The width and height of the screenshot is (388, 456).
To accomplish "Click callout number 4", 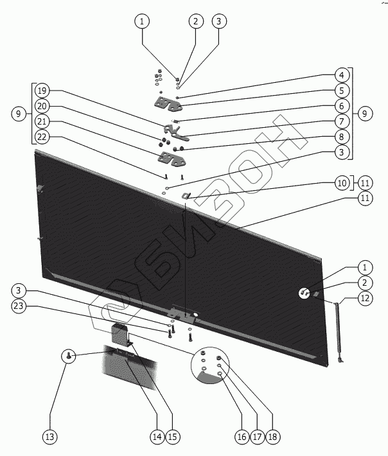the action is click(x=342, y=75).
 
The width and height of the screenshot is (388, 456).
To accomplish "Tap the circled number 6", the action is click(x=342, y=105).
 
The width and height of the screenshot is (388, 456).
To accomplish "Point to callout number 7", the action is click(x=342, y=121).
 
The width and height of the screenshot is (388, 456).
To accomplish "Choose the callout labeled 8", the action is click(x=342, y=136).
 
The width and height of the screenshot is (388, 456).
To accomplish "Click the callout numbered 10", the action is click(x=342, y=183).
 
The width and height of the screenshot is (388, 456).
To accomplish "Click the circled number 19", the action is click(x=42, y=90).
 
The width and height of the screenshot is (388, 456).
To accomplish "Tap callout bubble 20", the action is click(x=42, y=105).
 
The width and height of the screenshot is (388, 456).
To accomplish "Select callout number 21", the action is click(x=42, y=121).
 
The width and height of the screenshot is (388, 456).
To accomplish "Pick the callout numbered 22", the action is click(x=42, y=136).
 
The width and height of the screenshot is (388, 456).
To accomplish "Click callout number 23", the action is click(x=20, y=306).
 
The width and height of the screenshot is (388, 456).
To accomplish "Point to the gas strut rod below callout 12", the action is click(x=337, y=334).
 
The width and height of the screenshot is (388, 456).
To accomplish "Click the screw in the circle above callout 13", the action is click(x=69, y=355).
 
